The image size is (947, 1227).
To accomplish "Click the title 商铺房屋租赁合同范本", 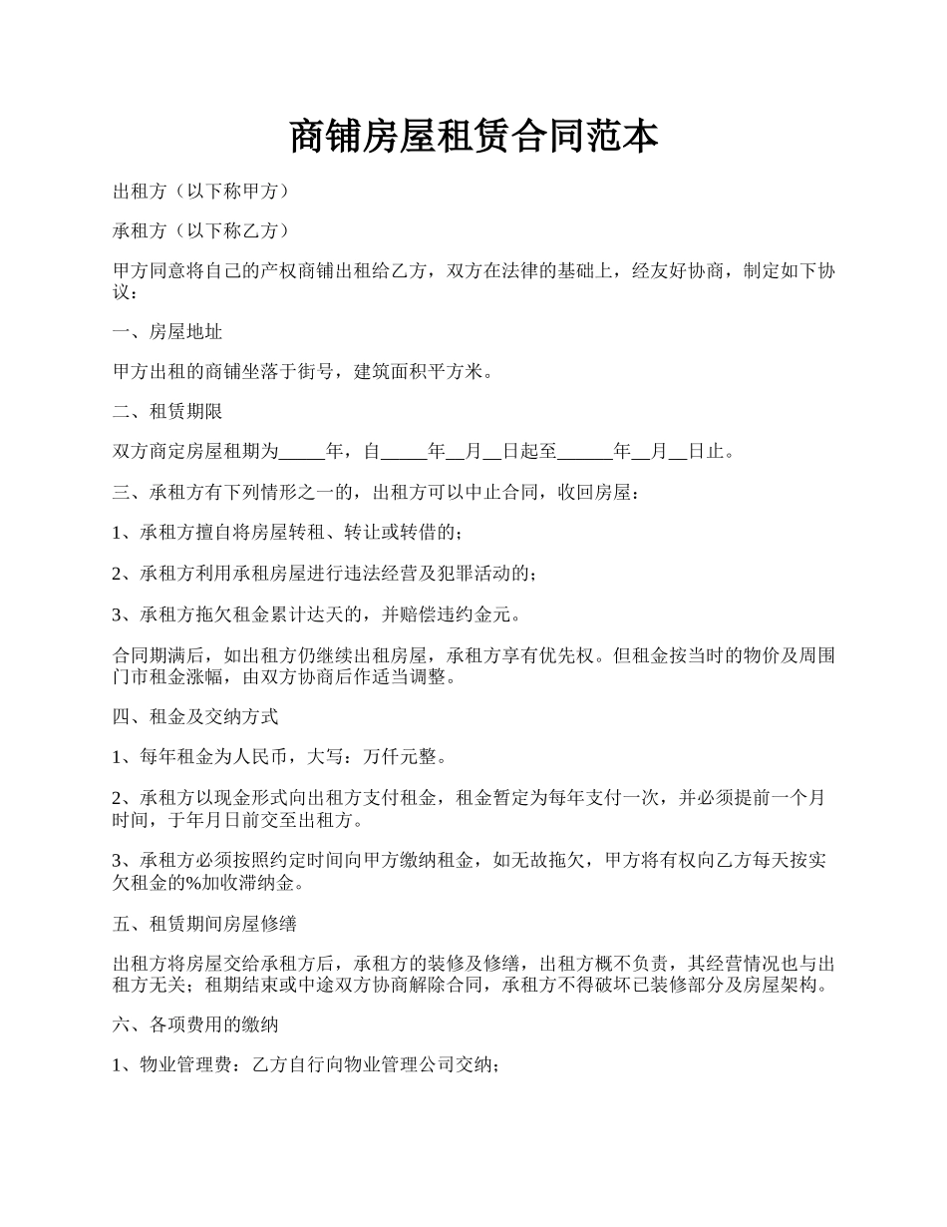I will pyautogui.click(x=473, y=137).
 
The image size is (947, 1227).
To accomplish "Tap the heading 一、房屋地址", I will pyautogui.click(x=166, y=332).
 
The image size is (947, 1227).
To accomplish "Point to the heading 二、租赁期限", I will pyautogui.click(x=166, y=412).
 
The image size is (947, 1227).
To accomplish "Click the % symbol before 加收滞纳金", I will pyautogui.click(x=194, y=884).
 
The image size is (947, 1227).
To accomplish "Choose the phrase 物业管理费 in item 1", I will pyautogui.click(x=185, y=1065).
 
